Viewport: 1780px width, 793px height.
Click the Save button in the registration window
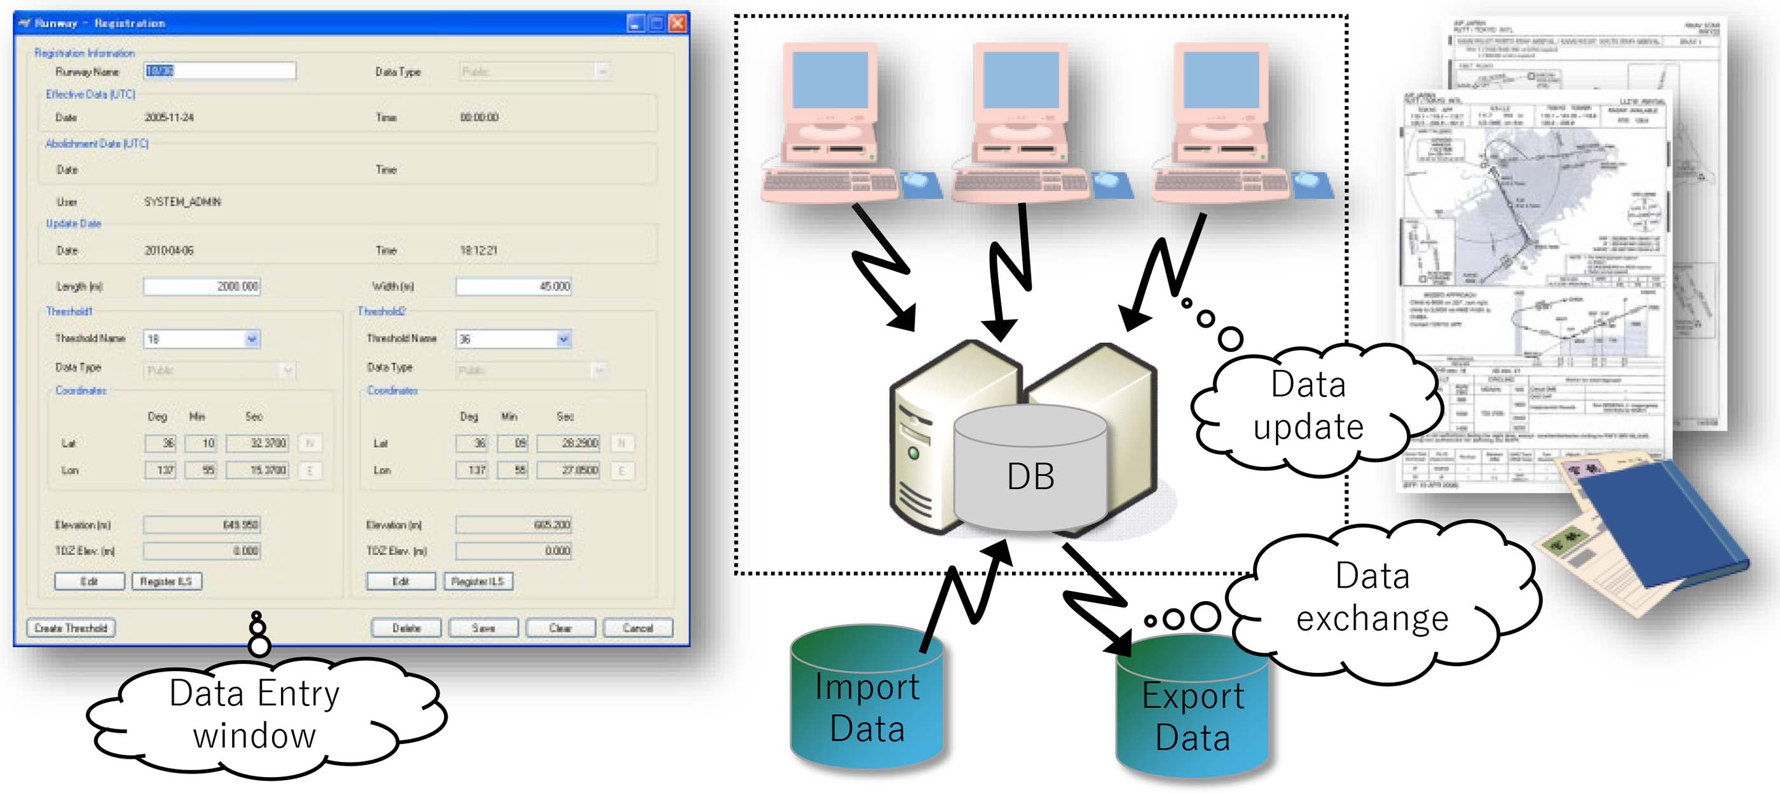(483, 627)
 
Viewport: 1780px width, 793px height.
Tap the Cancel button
(637, 627)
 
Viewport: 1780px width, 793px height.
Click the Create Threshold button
(71, 627)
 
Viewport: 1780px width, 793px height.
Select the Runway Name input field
(221, 71)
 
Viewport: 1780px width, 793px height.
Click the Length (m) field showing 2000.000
(202, 286)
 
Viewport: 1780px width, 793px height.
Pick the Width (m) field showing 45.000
(514, 286)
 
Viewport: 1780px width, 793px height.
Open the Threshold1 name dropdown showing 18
(202, 339)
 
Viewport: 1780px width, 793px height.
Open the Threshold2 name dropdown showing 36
(514, 339)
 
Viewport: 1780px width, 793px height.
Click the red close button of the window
(677, 24)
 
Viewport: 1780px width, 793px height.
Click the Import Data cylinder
(866, 701)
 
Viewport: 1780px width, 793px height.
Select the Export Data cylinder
(1192, 712)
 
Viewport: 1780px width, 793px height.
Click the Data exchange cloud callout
(1372, 597)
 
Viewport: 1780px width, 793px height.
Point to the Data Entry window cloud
(254, 715)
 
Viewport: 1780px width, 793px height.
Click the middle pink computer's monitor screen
(1020, 79)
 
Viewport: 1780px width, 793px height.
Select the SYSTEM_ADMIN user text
(182, 201)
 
